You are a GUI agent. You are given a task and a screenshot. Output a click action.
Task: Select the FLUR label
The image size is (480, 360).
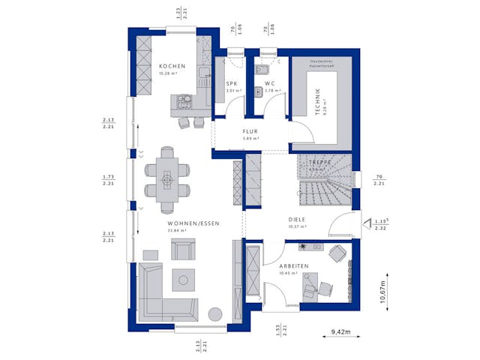[250, 130]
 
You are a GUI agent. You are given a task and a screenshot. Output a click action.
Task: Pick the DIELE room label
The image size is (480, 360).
[298, 220]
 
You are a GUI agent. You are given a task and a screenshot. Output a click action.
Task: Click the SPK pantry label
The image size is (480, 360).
[231, 84]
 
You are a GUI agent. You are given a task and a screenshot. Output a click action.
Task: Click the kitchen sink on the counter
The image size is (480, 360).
[202, 73]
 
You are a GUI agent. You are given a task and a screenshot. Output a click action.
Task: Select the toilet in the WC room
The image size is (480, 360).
[256, 93]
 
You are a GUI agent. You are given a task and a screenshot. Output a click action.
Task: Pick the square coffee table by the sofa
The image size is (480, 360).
[183, 280]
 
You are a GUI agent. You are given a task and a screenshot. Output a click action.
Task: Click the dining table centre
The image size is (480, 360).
[167, 179]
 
